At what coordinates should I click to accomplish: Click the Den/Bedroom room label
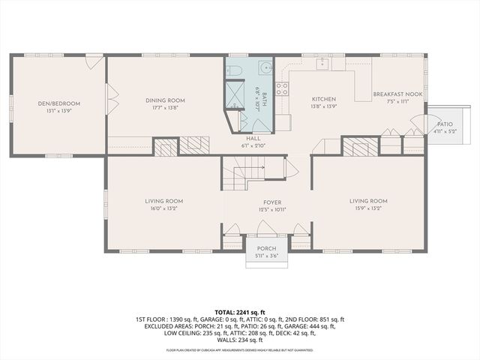point(59,103)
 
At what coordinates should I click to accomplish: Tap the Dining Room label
point(165,100)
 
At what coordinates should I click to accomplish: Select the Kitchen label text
point(324,99)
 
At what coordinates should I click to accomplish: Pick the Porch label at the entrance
point(266,249)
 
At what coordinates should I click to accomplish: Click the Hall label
point(250,138)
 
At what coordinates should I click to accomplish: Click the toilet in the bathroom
point(232,70)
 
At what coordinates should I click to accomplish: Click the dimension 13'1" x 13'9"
point(59,111)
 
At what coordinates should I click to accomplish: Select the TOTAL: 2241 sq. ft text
point(239,311)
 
